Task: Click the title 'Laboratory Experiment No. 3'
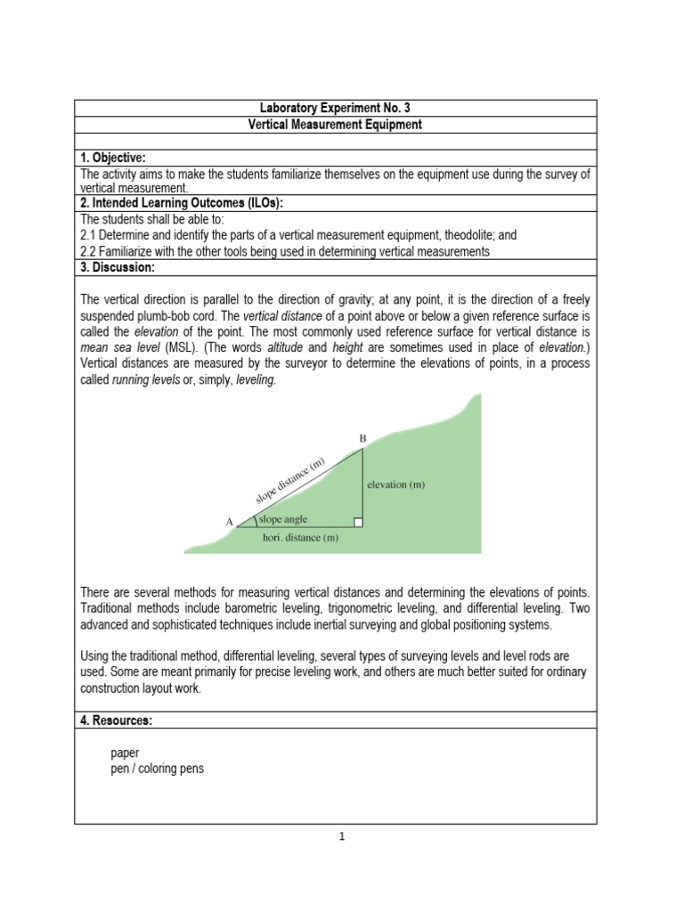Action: pos(335,109)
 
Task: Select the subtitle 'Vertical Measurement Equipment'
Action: pos(335,125)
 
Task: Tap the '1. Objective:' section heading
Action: pos(113,158)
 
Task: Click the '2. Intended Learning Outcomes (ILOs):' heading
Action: pos(181,203)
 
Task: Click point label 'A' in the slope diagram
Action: pos(230,522)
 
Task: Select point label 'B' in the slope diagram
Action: pos(362,438)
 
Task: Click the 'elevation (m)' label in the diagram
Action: pos(396,484)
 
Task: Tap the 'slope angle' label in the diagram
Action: pos(283,519)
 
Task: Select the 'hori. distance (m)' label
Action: pos(300,537)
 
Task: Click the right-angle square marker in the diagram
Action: pos(358,522)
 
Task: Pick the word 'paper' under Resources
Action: pos(125,753)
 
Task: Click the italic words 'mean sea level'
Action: pos(113,346)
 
